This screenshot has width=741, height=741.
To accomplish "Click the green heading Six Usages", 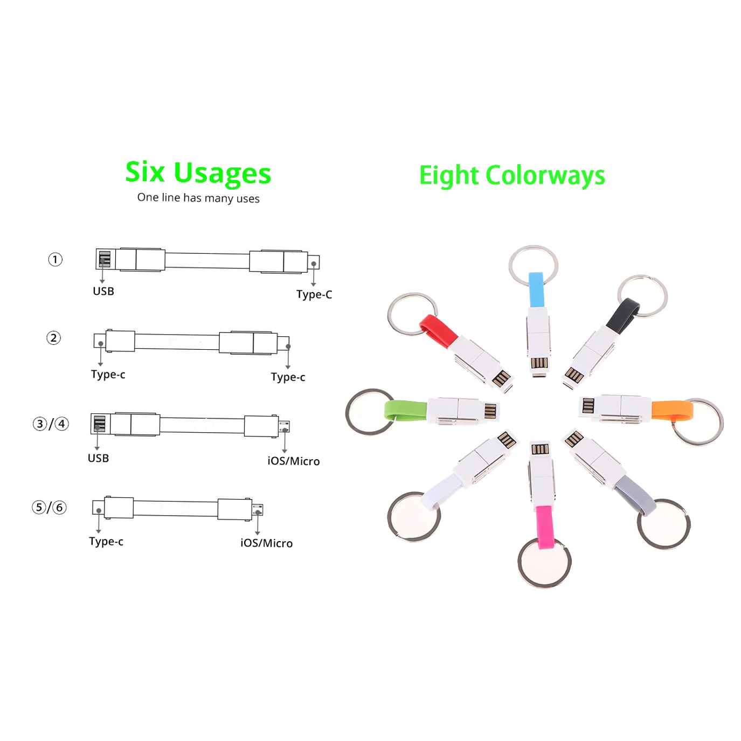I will (x=198, y=172).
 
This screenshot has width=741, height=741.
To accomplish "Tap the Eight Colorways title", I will (x=511, y=176).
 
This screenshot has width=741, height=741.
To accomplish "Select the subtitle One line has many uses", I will (x=198, y=198).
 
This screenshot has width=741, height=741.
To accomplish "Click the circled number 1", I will (x=55, y=260).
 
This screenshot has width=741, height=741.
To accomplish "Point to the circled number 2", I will (x=53, y=338).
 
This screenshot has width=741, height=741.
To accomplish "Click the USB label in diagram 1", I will (x=103, y=292).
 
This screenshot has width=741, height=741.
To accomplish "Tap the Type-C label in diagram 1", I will (x=314, y=295).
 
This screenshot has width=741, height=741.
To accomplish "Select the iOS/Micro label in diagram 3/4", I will (x=293, y=461).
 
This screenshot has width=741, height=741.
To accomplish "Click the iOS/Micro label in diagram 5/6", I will (x=266, y=543).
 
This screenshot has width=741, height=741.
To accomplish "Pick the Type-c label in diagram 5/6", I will (x=106, y=542).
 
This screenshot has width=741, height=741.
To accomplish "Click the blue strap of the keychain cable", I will (x=536, y=290).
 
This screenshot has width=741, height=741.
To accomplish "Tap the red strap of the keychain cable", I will (x=438, y=330).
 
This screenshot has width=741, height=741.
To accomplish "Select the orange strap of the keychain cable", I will (x=671, y=410).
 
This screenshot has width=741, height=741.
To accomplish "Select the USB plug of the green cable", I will (x=490, y=411).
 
